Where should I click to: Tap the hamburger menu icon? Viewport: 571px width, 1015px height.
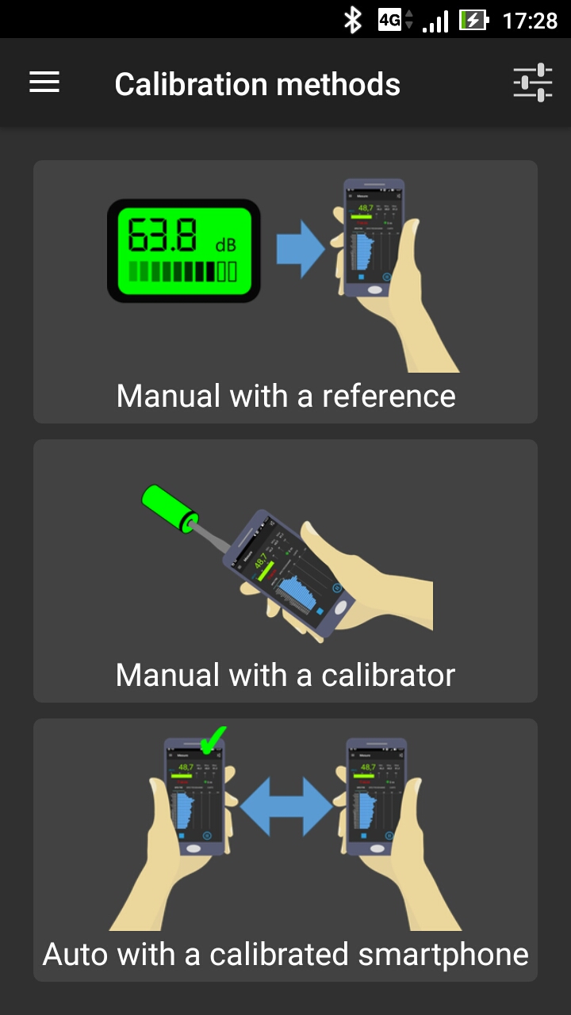pyautogui.click(x=44, y=82)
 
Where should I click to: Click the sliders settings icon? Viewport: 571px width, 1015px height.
pyautogui.click(x=532, y=82)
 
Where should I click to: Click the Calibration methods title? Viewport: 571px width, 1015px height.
pyautogui.click(x=257, y=84)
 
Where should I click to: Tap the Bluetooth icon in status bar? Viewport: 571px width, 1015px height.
pyautogui.click(x=352, y=20)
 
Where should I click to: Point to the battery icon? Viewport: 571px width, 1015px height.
pyautogui.click(x=473, y=20)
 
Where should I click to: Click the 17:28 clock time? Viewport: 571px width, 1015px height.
pyautogui.click(x=530, y=20)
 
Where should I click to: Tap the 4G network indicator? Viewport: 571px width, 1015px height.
pyautogui.click(x=390, y=20)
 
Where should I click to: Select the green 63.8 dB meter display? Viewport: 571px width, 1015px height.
pyautogui.click(x=184, y=251)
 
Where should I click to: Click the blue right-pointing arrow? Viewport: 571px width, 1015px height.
pyautogui.click(x=300, y=250)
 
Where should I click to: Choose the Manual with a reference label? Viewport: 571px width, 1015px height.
pyautogui.click(x=285, y=396)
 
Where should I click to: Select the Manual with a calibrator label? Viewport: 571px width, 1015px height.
pyautogui.click(x=285, y=675)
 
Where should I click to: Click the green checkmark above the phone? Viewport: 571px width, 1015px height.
pyautogui.click(x=212, y=741)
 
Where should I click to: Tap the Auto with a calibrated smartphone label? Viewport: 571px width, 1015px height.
pyautogui.click(x=285, y=954)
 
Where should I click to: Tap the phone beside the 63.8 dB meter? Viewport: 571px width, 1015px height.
pyautogui.click(x=374, y=238)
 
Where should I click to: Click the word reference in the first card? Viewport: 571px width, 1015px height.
pyautogui.click(x=389, y=396)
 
